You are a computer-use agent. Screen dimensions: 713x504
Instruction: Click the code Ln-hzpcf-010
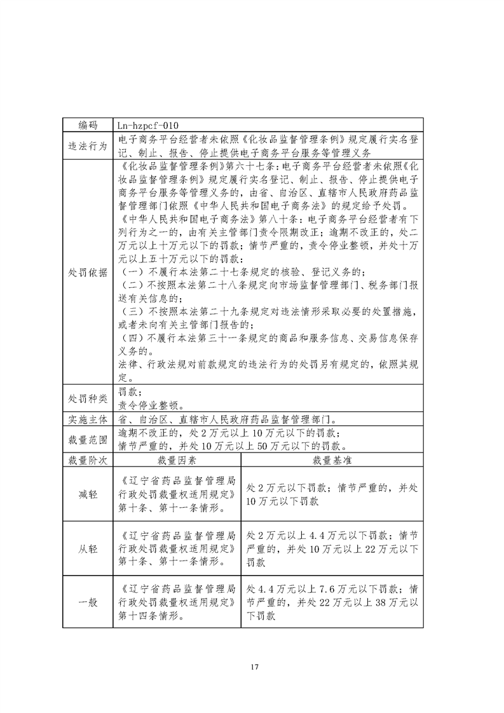[x=149, y=125]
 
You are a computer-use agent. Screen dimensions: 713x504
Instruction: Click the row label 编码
[x=88, y=125]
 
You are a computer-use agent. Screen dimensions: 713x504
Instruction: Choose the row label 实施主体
[x=88, y=420]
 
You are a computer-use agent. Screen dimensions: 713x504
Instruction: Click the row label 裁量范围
[x=88, y=439]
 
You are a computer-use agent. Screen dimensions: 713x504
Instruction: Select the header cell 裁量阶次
[x=88, y=459]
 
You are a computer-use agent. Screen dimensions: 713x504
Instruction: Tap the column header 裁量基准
[x=332, y=459]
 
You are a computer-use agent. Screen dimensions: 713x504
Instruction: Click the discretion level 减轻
[x=88, y=495]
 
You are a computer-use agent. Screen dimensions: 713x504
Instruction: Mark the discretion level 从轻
[x=88, y=548]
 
